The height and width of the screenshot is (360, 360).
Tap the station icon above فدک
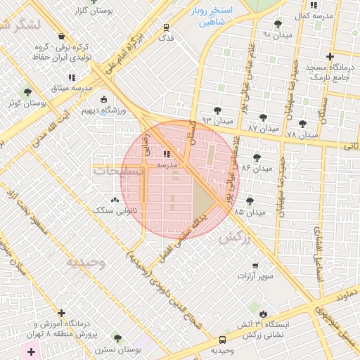click(166, 27)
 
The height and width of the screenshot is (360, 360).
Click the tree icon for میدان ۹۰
click(279, 24)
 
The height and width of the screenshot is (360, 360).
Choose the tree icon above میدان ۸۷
click(263, 118)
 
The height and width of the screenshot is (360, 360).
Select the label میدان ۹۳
click(217, 121)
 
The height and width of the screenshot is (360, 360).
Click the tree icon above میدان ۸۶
click(255, 157)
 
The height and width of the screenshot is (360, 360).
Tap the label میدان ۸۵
click(250, 212)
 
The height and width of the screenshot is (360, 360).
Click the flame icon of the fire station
click(263, 314)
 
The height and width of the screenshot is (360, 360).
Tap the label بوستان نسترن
click(115, 349)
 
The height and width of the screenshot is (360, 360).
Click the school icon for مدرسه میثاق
click(71, 77)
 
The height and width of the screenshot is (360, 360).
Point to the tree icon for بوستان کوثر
click(27, 92)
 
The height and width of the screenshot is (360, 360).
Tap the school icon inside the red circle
click(167, 153)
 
